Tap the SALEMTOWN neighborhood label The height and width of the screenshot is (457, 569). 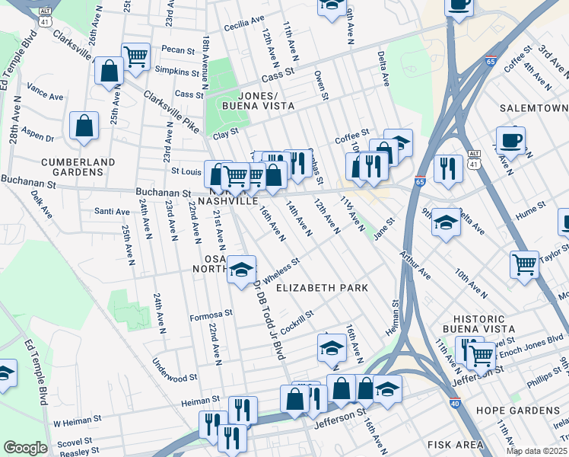pos(532,110)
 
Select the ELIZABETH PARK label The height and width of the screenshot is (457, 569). pos(322,288)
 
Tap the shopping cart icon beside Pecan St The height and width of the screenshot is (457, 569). pos(136,56)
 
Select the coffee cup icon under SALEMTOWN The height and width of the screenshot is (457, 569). pos(510,139)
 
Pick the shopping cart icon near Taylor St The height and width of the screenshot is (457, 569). pos(525,264)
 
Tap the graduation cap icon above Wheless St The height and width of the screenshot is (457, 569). pos(242,270)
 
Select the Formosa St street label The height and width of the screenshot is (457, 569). pos(211,314)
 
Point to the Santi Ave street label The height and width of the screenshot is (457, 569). pos(112,211)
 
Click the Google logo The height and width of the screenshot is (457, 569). pos(25,448)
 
